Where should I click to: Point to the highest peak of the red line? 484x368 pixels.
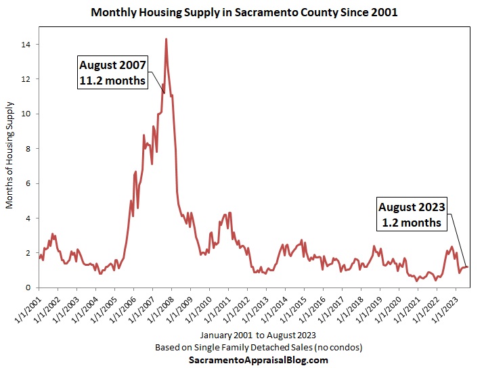point(166,39)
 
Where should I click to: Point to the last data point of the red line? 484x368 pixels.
point(467,267)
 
